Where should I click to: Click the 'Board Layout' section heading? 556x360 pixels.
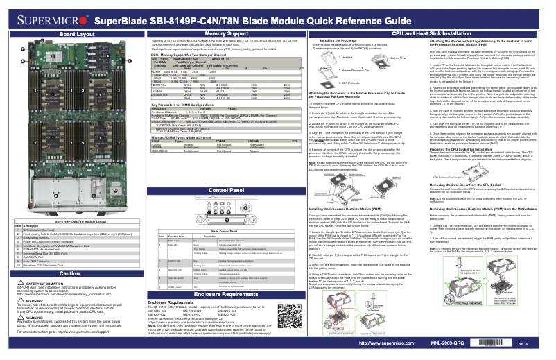coord(76,33)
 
